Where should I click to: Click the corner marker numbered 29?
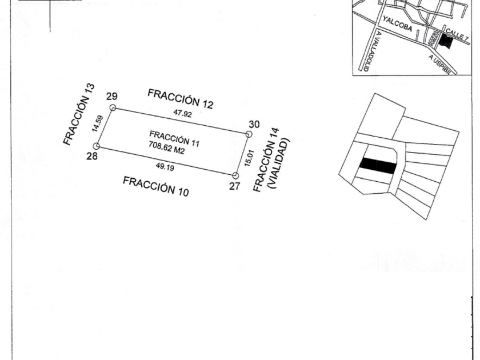113,107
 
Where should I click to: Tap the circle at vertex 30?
249,134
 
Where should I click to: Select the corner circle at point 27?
235,175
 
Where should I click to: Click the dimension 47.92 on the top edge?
182,114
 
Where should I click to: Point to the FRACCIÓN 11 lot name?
174,139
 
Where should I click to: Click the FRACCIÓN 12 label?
180,98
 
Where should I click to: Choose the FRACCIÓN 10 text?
156,186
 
